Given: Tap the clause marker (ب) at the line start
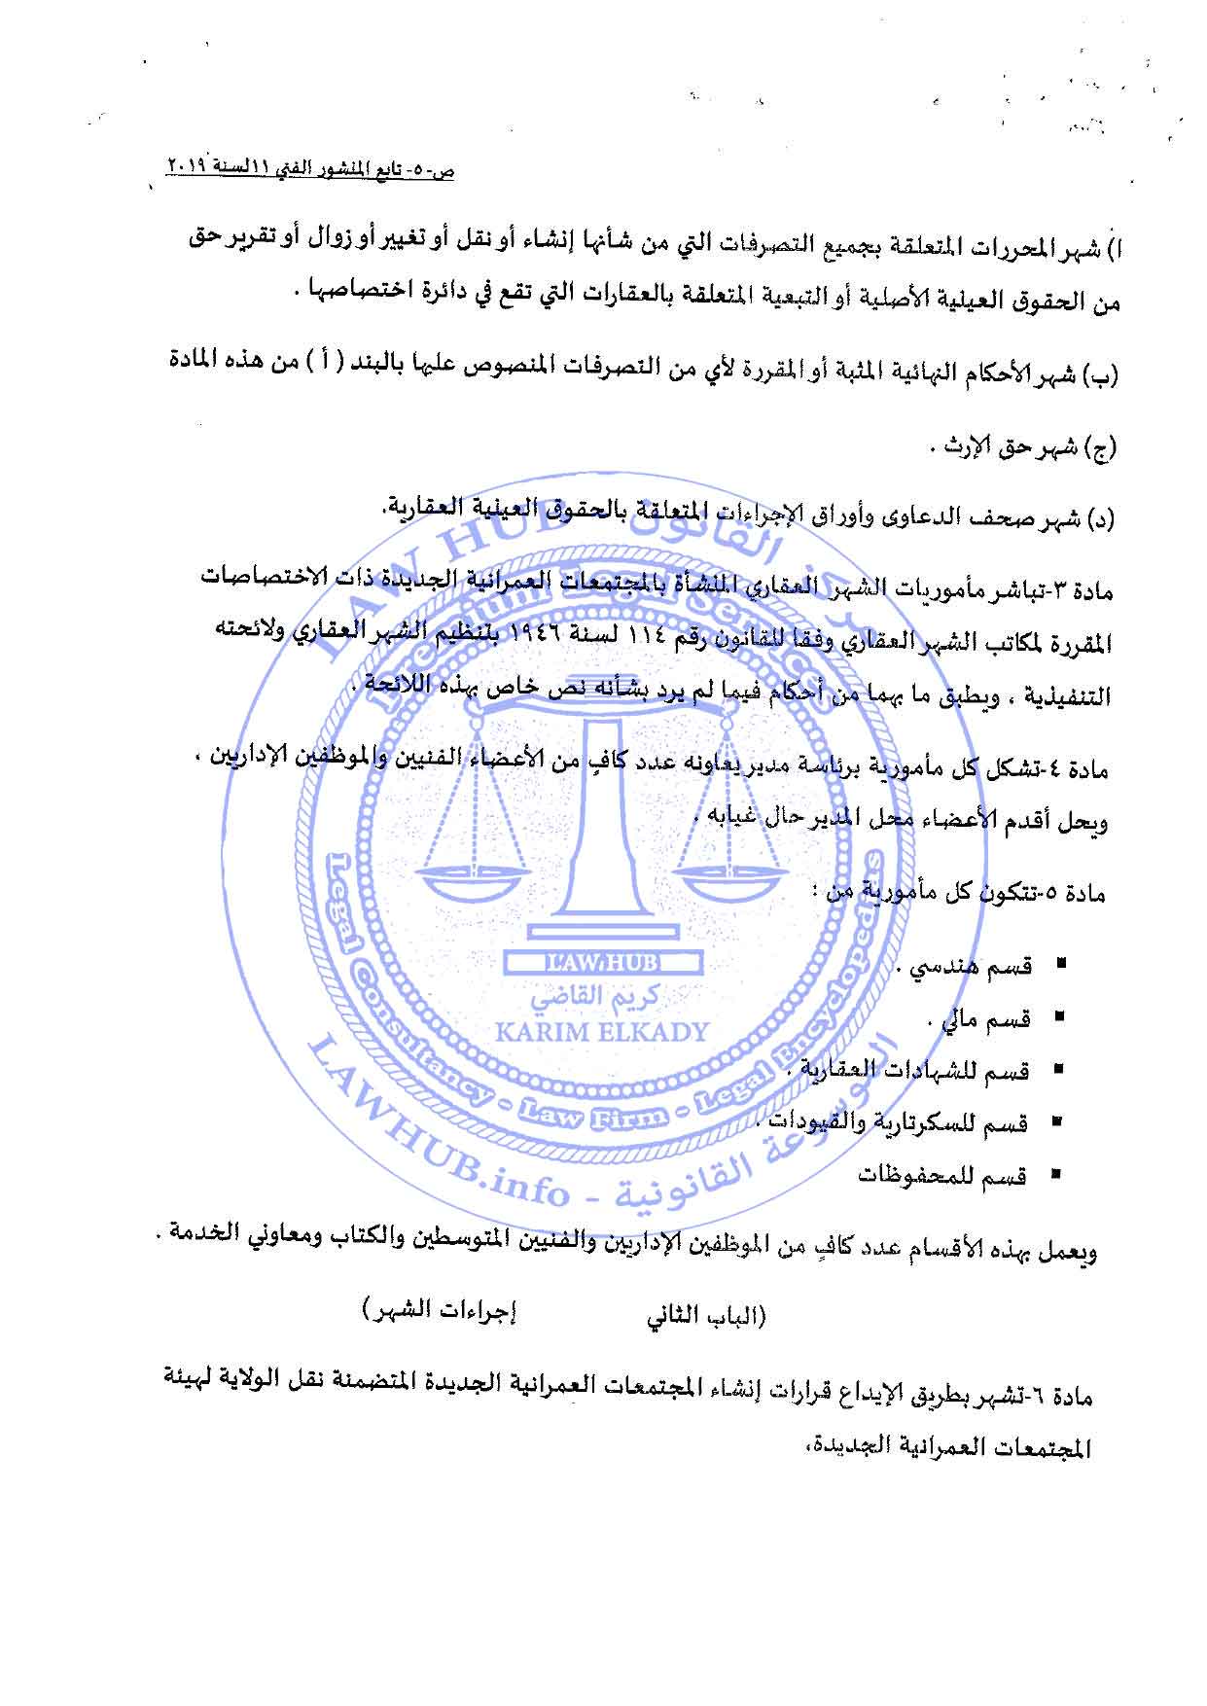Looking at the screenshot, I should tap(1105, 373).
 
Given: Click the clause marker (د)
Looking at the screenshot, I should tap(1105, 519).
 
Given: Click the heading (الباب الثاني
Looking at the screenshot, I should tap(707, 1317).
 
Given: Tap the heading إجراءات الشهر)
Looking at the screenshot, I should tap(440, 1310).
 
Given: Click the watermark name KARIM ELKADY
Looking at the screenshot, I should tap(603, 1032).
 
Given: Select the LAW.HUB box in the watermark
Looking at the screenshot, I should tap(602, 963).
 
